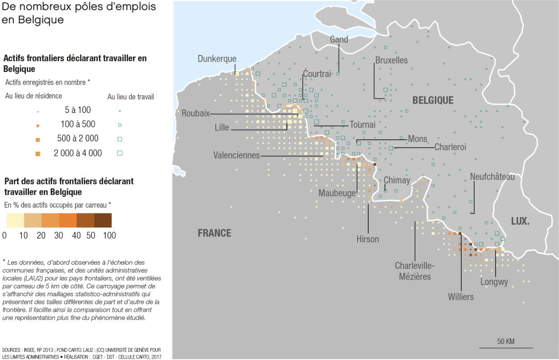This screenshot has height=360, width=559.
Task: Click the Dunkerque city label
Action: point(217,59)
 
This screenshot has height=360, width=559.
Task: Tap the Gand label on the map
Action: point(339,39)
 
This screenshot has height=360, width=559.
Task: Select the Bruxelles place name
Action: point(391,60)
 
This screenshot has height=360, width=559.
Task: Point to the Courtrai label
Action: point(317,74)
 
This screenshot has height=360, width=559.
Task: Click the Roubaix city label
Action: point(196,113)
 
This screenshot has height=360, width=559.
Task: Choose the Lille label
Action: point(222,127)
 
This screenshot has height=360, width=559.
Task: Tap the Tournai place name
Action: point(362,124)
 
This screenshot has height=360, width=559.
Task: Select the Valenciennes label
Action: point(237,155)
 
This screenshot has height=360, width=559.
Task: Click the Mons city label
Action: point(418,139)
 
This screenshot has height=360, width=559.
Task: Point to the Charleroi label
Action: point(450,147)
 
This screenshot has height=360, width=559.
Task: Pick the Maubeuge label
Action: point(337,193)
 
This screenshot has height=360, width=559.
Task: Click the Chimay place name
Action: point(397,180)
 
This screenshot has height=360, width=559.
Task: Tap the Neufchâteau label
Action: point(492,177)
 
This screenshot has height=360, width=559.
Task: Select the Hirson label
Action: point(367,239)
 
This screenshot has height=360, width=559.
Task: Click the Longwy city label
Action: point(494,282)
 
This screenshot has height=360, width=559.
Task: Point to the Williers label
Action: point(461,297)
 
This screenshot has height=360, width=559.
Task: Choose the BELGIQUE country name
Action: point(433,100)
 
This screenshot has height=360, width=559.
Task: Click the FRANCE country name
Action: point(214,233)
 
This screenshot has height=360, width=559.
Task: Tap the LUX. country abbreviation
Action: point(520,221)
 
